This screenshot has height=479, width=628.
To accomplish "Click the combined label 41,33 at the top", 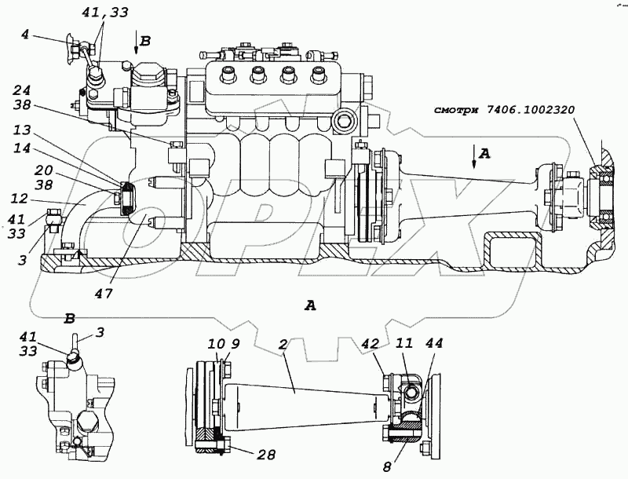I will tap(104, 13).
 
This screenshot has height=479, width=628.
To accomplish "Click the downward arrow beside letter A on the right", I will tap(474, 160).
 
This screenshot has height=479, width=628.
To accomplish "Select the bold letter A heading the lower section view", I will tap(310, 305).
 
